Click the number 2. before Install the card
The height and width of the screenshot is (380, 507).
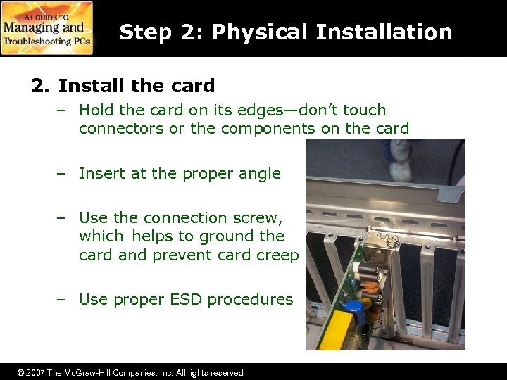click(x=41, y=86)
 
